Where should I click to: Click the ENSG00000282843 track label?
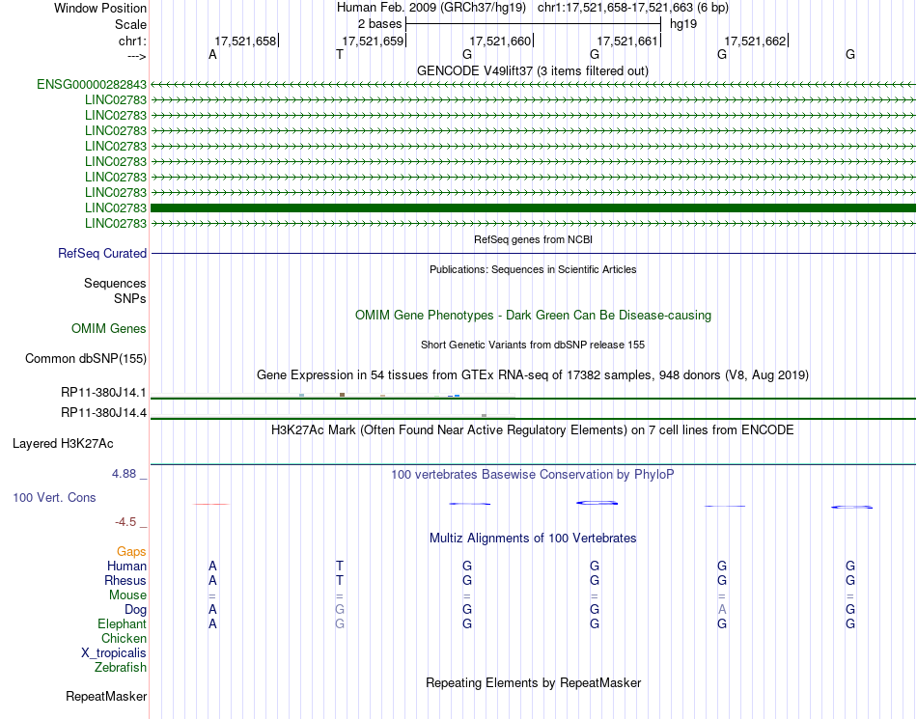[x=92, y=85]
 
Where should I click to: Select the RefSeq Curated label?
[x=102, y=254]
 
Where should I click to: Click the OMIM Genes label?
[x=109, y=329]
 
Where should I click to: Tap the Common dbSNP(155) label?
[x=85, y=359]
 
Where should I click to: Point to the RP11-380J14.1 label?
[x=103, y=393]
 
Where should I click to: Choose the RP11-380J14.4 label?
[x=103, y=413]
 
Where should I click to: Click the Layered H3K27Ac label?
[x=63, y=444]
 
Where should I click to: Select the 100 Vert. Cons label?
[x=55, y=498]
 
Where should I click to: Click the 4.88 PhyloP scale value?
[x=125, y=474]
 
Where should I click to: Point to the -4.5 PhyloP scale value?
[x=126, y=522]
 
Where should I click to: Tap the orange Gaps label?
[x=131, y=552]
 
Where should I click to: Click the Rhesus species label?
[x=125, y=581]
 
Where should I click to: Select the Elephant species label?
[x=123, y=624]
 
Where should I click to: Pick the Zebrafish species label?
[x=121, y=668]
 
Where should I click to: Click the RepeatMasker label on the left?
[x=106, y=696]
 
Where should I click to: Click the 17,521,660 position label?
[x=500, y=41]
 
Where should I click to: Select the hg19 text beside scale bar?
[x=682, y=23]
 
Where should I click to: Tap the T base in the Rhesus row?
[x=340, y=581]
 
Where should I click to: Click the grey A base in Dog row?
[x=722, y=610]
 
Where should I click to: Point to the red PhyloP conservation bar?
[x=211, y=504]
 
